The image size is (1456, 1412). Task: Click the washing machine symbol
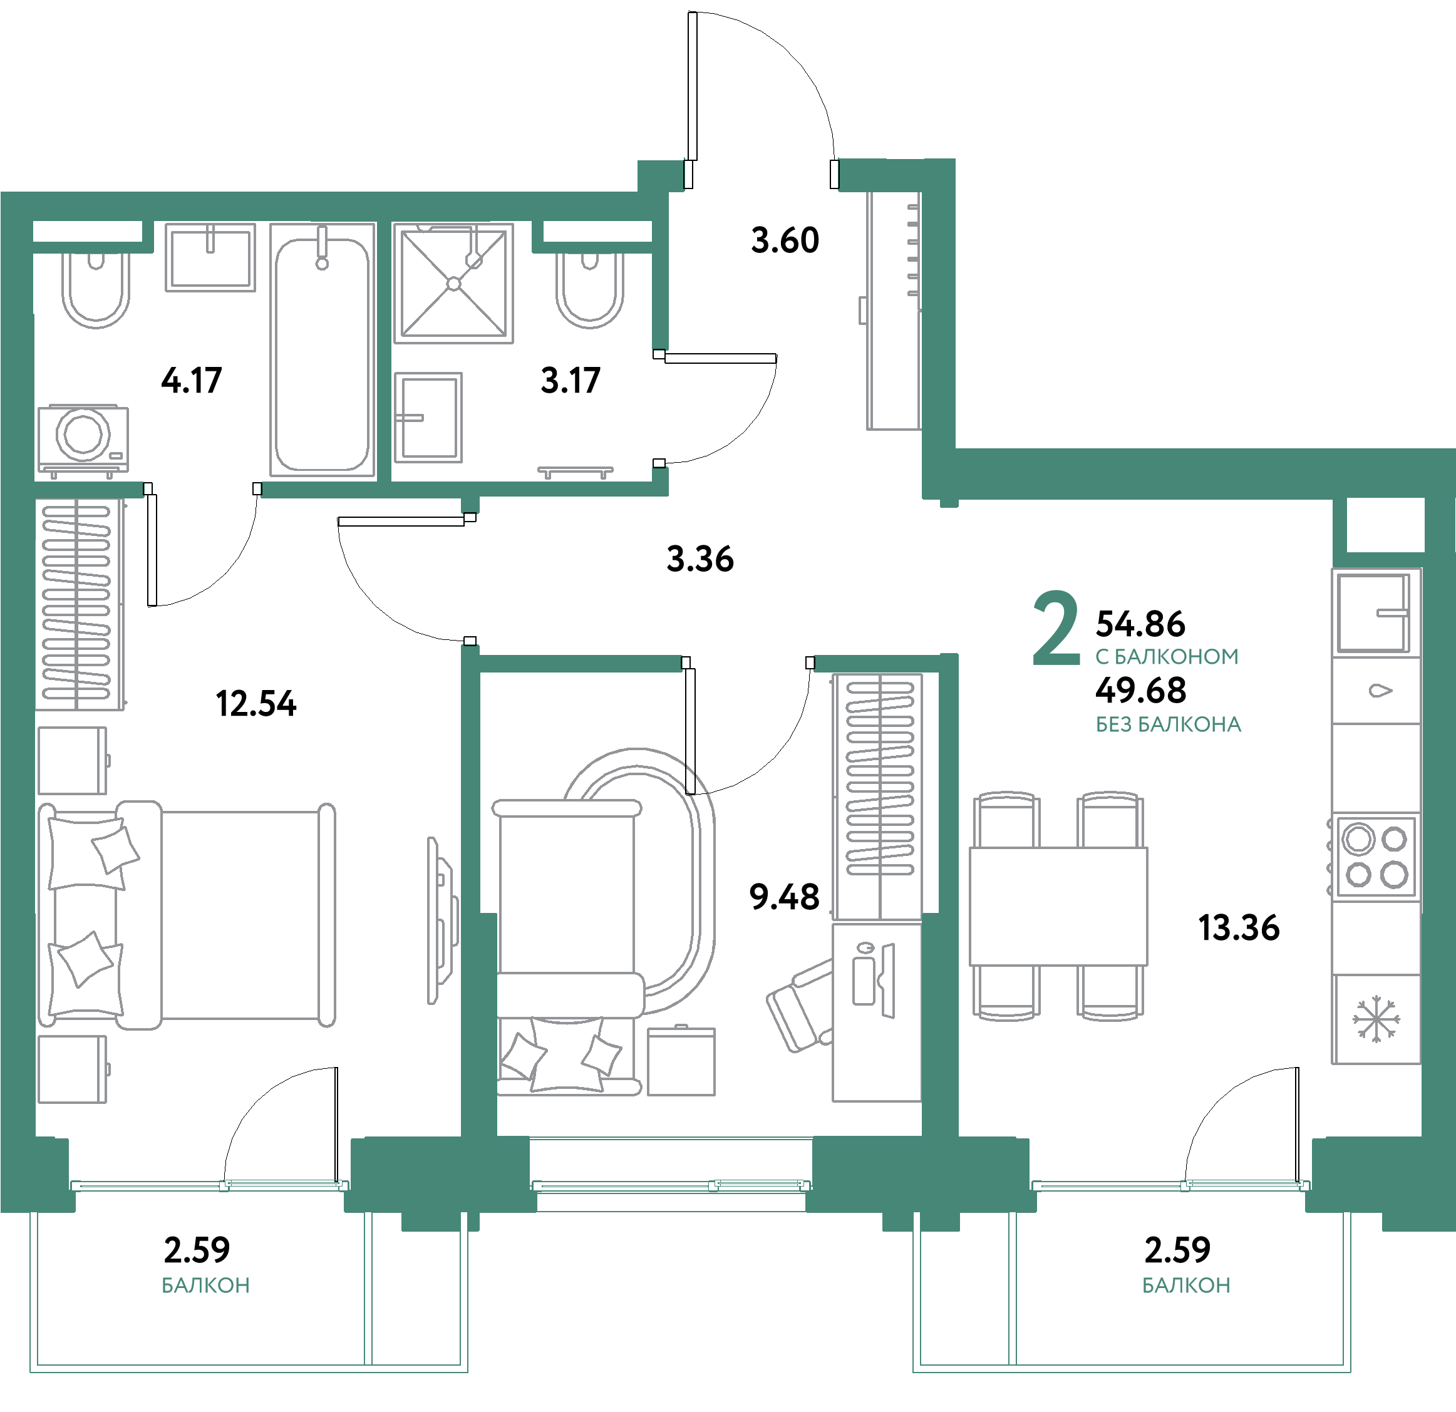(x=83, y=438)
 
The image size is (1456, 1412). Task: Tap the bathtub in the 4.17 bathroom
(x=322, y=353)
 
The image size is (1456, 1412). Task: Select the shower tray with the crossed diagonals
(x=453, y=283)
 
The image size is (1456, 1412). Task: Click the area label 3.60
(x=785, y=240)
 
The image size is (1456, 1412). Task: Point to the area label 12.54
(x=256, y=703)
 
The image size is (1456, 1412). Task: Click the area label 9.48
(x=783, y=897)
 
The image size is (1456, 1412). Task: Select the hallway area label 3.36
(x=700, y=559)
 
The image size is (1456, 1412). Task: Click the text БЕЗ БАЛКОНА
(x=1168, y=725)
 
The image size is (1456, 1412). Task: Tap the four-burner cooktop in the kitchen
(x=1376, y=857)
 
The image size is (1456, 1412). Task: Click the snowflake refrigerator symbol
(x=1376, y=1019)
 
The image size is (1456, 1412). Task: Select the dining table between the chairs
(x=1058, y=905)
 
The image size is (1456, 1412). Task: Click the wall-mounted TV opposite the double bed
(x=443, y=920)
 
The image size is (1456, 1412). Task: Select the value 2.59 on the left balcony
(x=196, y=1250)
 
